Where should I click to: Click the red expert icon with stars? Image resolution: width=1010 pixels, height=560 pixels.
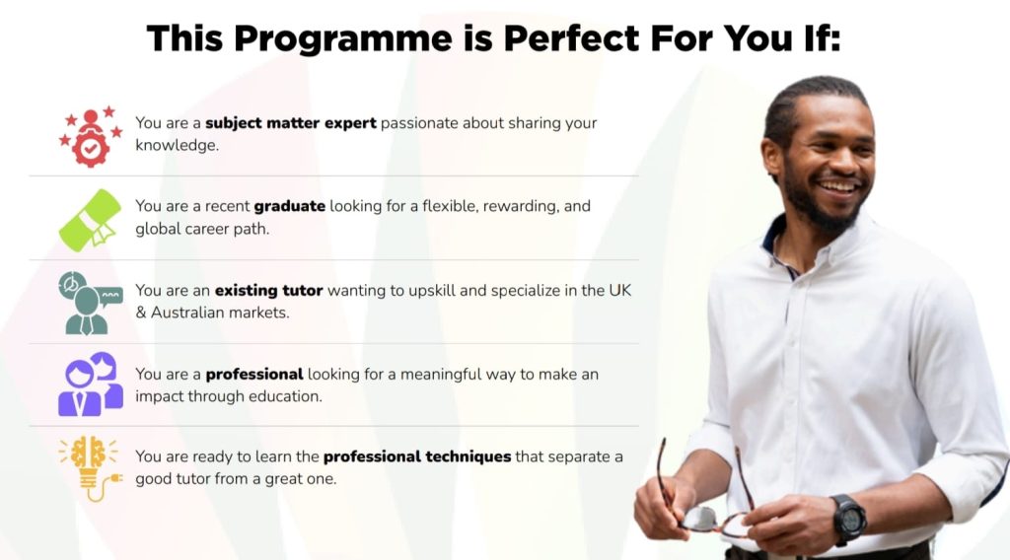point(91,137)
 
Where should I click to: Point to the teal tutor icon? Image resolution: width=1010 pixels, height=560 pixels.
point(89,303)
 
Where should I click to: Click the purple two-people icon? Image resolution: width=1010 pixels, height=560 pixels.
point(90,384)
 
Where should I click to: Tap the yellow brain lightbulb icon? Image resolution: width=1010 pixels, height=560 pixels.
point(90,466)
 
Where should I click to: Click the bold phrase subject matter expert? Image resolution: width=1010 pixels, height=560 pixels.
point(290,123)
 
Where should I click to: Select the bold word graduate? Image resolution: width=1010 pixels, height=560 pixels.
point(289,206)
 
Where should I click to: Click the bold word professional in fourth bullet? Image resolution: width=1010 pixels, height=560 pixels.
point(253,375)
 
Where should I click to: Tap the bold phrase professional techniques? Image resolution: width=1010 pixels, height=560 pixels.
point(416,457)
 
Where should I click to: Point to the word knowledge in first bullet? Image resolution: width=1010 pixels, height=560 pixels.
point(176,145)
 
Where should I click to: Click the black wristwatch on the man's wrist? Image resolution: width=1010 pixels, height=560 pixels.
point(847,518)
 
